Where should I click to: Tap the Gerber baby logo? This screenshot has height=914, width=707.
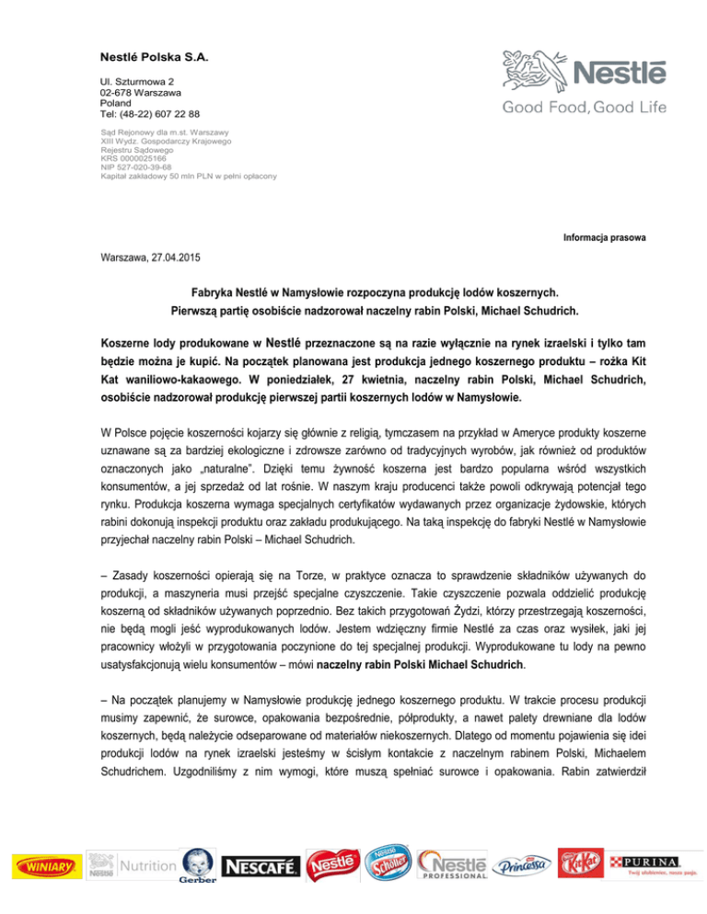tap(196, 865)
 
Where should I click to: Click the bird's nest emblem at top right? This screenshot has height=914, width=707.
tap(531, 71)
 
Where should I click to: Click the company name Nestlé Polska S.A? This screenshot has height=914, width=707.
tap(155, 59)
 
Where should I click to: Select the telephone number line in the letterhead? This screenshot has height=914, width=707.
tap(151, 113)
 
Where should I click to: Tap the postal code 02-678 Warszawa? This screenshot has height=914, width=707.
tap(141, 93)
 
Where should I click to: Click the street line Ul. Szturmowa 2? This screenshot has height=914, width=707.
tap(138, 82)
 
